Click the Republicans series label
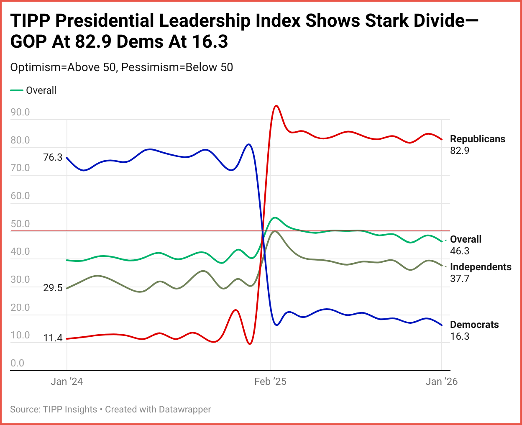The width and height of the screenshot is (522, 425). coord(477,139)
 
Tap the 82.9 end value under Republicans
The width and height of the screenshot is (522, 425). coord(460,151)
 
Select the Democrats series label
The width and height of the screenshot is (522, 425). coord(474,325)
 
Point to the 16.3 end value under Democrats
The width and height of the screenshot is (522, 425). coord(460,336)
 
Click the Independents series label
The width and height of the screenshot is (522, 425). coord(481,267)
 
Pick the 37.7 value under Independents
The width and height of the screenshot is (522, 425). coord(460,279)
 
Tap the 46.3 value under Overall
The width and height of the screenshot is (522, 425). coord(460,251)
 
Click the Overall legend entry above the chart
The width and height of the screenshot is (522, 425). coord(41,90)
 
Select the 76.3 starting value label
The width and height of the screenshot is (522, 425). coord(53,157)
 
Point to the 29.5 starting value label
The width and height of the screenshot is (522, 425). coord(53,288)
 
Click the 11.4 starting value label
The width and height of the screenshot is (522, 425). coord(53,338)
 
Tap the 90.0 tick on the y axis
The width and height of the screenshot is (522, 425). coord(20,112)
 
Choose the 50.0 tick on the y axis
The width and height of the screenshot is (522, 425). coord(20,224)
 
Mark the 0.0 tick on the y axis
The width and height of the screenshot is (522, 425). coord(17,363)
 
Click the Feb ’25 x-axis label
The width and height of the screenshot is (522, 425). coord(270,381)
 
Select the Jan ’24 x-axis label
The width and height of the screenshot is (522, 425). coord(67,381)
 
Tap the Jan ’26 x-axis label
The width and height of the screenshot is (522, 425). coord(441,381)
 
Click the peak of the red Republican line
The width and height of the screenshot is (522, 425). coord(276,106)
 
